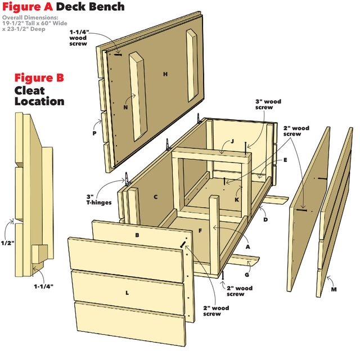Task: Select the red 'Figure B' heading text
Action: [x=39, y=78]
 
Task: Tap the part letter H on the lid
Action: [x=165, y=74]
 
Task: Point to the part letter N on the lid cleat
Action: [x=126, y=106]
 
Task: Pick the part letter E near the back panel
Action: [x=285, y=160]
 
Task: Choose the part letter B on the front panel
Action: [x=137, y=235]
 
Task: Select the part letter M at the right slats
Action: [x=334, y=289]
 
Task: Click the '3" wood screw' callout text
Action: [x=268, y=105]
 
